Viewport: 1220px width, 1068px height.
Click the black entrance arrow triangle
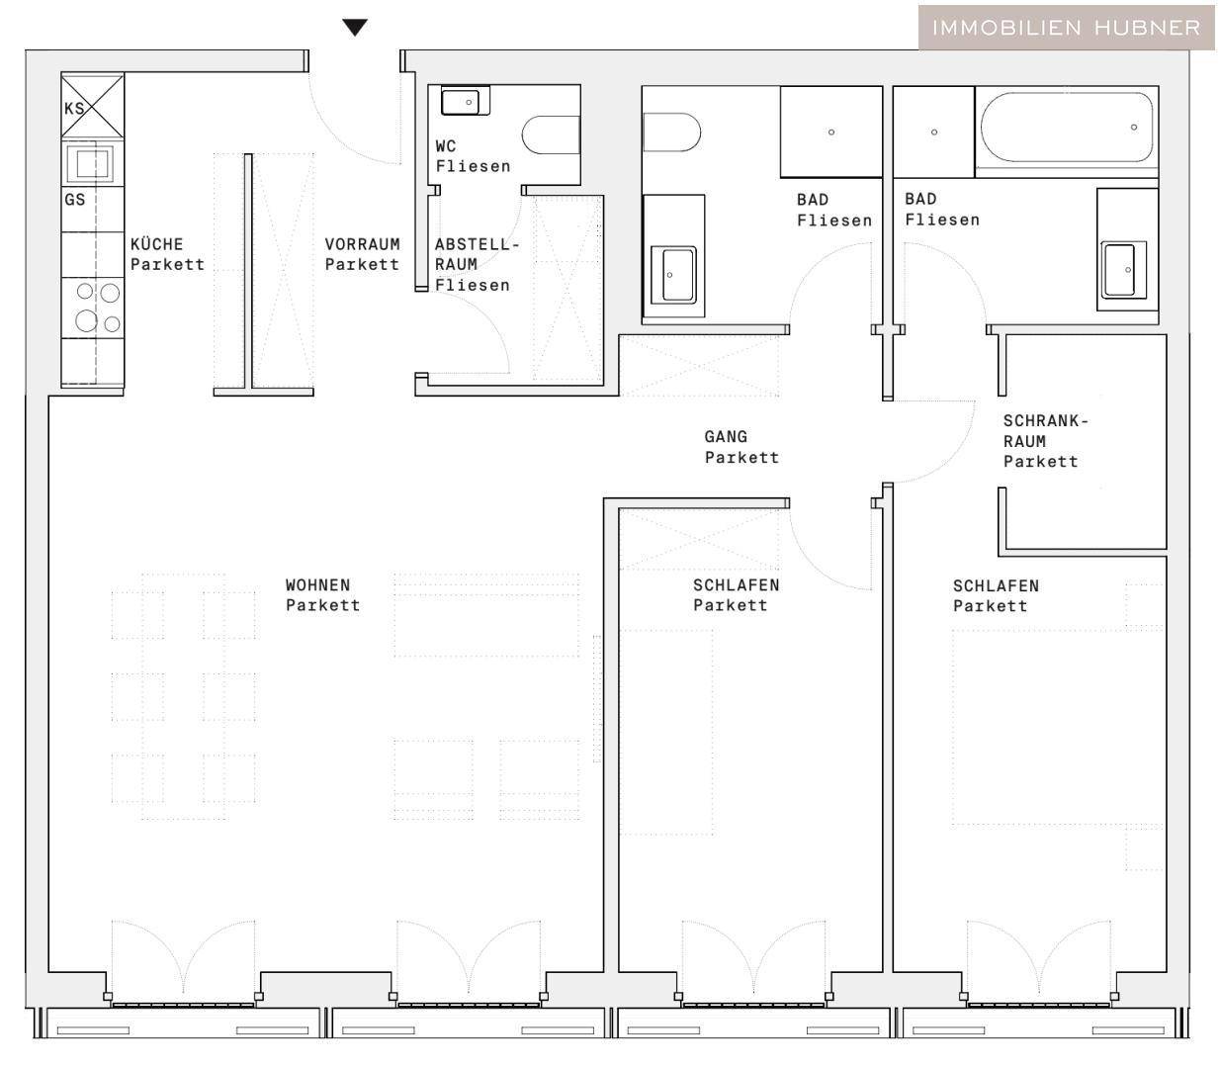(x=355, y=27)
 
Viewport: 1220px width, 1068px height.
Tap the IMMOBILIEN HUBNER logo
(x=1066, y=28)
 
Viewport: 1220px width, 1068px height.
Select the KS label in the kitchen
(x=74, y=109)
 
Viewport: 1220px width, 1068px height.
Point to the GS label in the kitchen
(x=75, y=199)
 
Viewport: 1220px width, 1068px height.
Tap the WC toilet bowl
(x=551, y=134)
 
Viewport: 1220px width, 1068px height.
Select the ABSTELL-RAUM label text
(x=478, y=264)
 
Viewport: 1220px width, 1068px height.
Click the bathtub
(x=1067, y=127)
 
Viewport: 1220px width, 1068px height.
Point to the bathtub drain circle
(x=1134, y=127)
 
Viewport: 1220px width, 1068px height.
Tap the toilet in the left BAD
(x=671, y=132)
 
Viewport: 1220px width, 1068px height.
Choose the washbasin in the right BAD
(x=1124, y=270)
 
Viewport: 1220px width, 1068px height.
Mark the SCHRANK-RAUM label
(x=1046, y=441)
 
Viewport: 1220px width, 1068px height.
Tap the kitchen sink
(x=92, y=163)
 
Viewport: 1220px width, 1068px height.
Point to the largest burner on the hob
(x=86, y=320)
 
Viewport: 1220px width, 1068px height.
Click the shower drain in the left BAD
(x=831, y=133)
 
